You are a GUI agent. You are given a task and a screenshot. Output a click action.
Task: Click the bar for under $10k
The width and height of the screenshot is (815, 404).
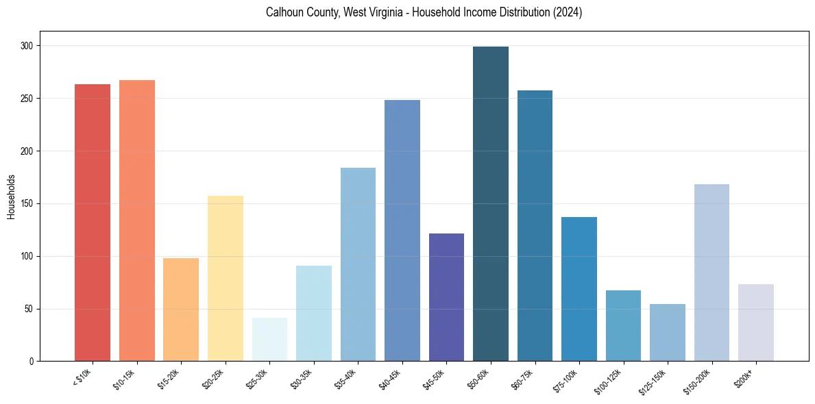coord(93,223)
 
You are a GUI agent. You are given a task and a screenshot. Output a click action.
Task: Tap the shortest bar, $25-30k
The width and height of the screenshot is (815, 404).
coord(269,340)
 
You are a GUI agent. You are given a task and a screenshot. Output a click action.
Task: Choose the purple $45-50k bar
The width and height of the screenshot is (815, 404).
coord(446,297)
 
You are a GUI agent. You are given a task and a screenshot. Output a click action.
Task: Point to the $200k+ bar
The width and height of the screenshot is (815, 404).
coord(756,323)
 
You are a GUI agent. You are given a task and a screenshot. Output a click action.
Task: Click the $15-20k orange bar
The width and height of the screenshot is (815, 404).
coord(181,310)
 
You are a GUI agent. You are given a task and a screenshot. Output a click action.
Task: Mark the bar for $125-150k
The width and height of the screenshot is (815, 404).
coord(668,333)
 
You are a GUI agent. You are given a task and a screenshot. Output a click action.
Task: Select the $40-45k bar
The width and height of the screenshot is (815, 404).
coord(402,231)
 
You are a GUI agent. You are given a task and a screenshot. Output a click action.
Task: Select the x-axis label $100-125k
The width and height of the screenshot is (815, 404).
coord(611,381)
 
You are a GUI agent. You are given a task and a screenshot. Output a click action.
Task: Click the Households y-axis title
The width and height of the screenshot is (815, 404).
coord(11,197)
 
